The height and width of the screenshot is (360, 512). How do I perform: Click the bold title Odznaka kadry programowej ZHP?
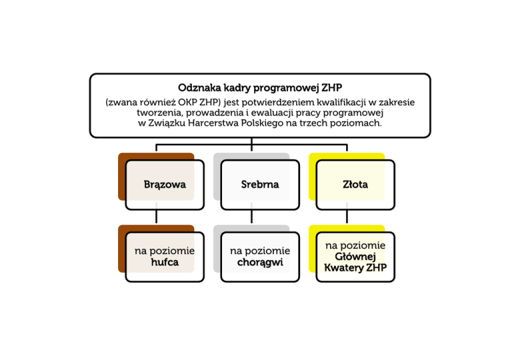260,88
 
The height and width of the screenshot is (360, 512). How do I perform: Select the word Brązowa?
165,185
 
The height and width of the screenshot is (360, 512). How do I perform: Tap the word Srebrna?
260,184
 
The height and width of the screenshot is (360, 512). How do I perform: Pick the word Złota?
355,184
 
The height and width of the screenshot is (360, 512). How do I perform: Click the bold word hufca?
165,262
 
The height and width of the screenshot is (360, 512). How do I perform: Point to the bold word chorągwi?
260,263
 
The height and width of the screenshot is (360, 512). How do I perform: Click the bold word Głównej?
355,257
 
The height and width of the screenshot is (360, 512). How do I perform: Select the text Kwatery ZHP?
355,268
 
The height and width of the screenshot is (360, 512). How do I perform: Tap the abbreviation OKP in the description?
187,103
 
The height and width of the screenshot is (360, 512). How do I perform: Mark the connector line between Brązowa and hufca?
157,216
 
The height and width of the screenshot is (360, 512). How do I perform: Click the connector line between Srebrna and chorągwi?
252,216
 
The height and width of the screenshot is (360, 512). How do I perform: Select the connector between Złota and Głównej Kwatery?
347,216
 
